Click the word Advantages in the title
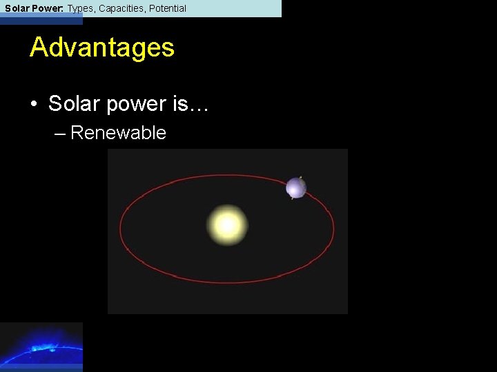click(x=102, y=48)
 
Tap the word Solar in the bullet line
click(x=72, y=104)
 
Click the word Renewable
click(x=118, y=133)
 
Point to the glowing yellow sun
click(x=226, y=225)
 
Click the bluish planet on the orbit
click(x=296, y=187)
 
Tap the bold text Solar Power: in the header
click(x=35, y=8)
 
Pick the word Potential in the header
click(x=168, y=8)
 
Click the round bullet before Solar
click(x=33, y=105)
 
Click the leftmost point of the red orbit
click(x=120, y=227)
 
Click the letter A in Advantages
click(x=39, y=48)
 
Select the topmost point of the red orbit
click(x=228, y=174)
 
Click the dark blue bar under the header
click(x=41, y=21)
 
